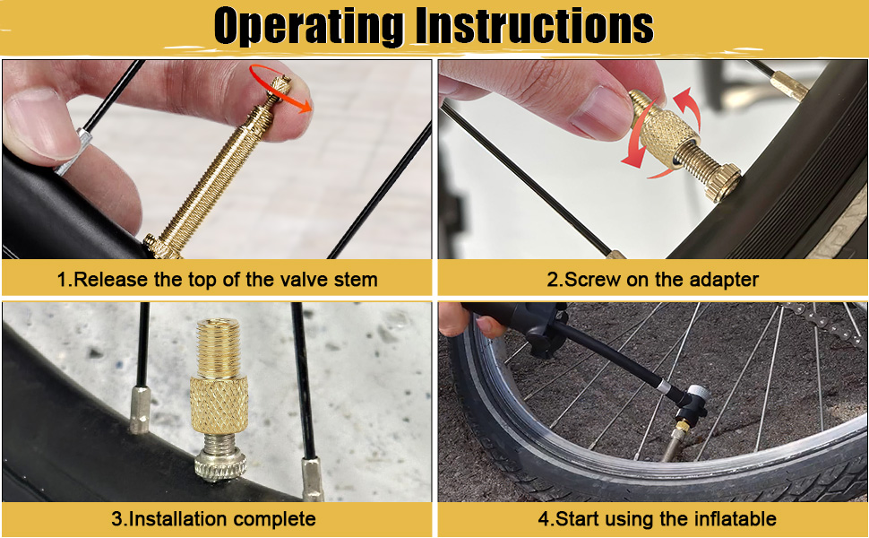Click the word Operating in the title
(x=308, y=25)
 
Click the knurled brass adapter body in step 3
(x=219, y=405)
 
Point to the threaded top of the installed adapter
(x=219, y=348)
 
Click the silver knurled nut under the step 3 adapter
(x=220, y=466)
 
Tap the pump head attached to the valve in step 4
(x=691, y=406)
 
